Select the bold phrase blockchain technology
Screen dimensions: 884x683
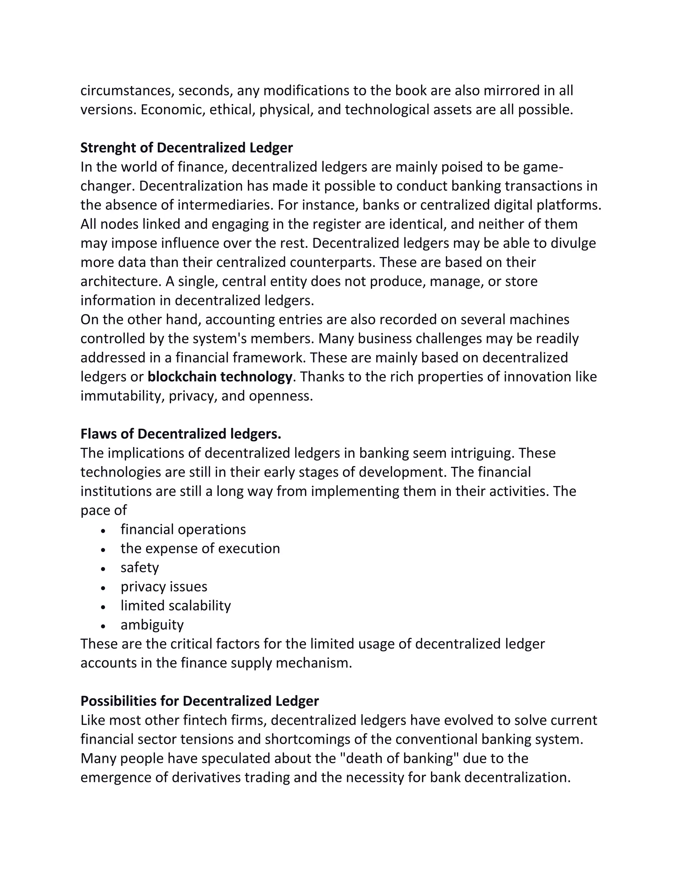(220, 377)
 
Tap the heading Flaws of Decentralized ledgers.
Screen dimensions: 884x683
(180, 434)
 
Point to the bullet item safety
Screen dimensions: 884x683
(140, 567)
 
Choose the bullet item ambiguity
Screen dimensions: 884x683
(152, 624)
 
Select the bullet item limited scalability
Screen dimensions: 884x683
(176, 605)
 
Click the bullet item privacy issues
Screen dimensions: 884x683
(164, 586)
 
